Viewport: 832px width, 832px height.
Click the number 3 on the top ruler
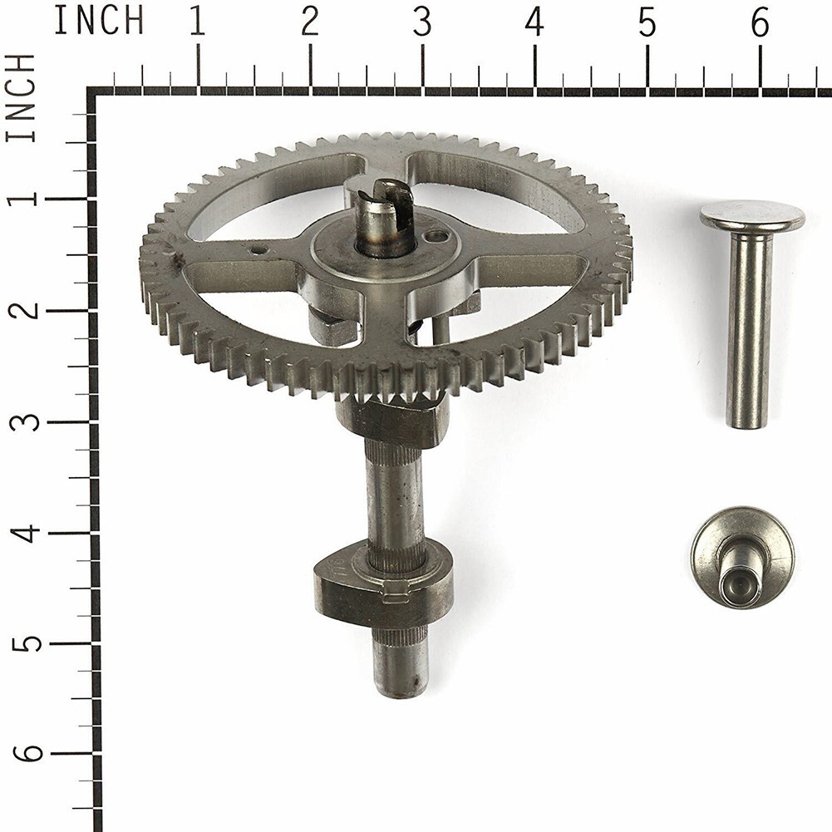pyautogui.click(x=422, y=22)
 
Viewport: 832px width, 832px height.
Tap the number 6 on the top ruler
pyautogui.click(x=760, y=22)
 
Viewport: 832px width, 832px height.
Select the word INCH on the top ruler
pyautogui.click(x=99, y=21)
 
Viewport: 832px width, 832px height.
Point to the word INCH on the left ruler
pyautogui.click(x=21, y=98)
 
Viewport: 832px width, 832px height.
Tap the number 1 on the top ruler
pyautogui.click(x=197, y=22)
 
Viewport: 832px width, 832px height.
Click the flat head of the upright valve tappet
pyautogui.click(x=752, y=216)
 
